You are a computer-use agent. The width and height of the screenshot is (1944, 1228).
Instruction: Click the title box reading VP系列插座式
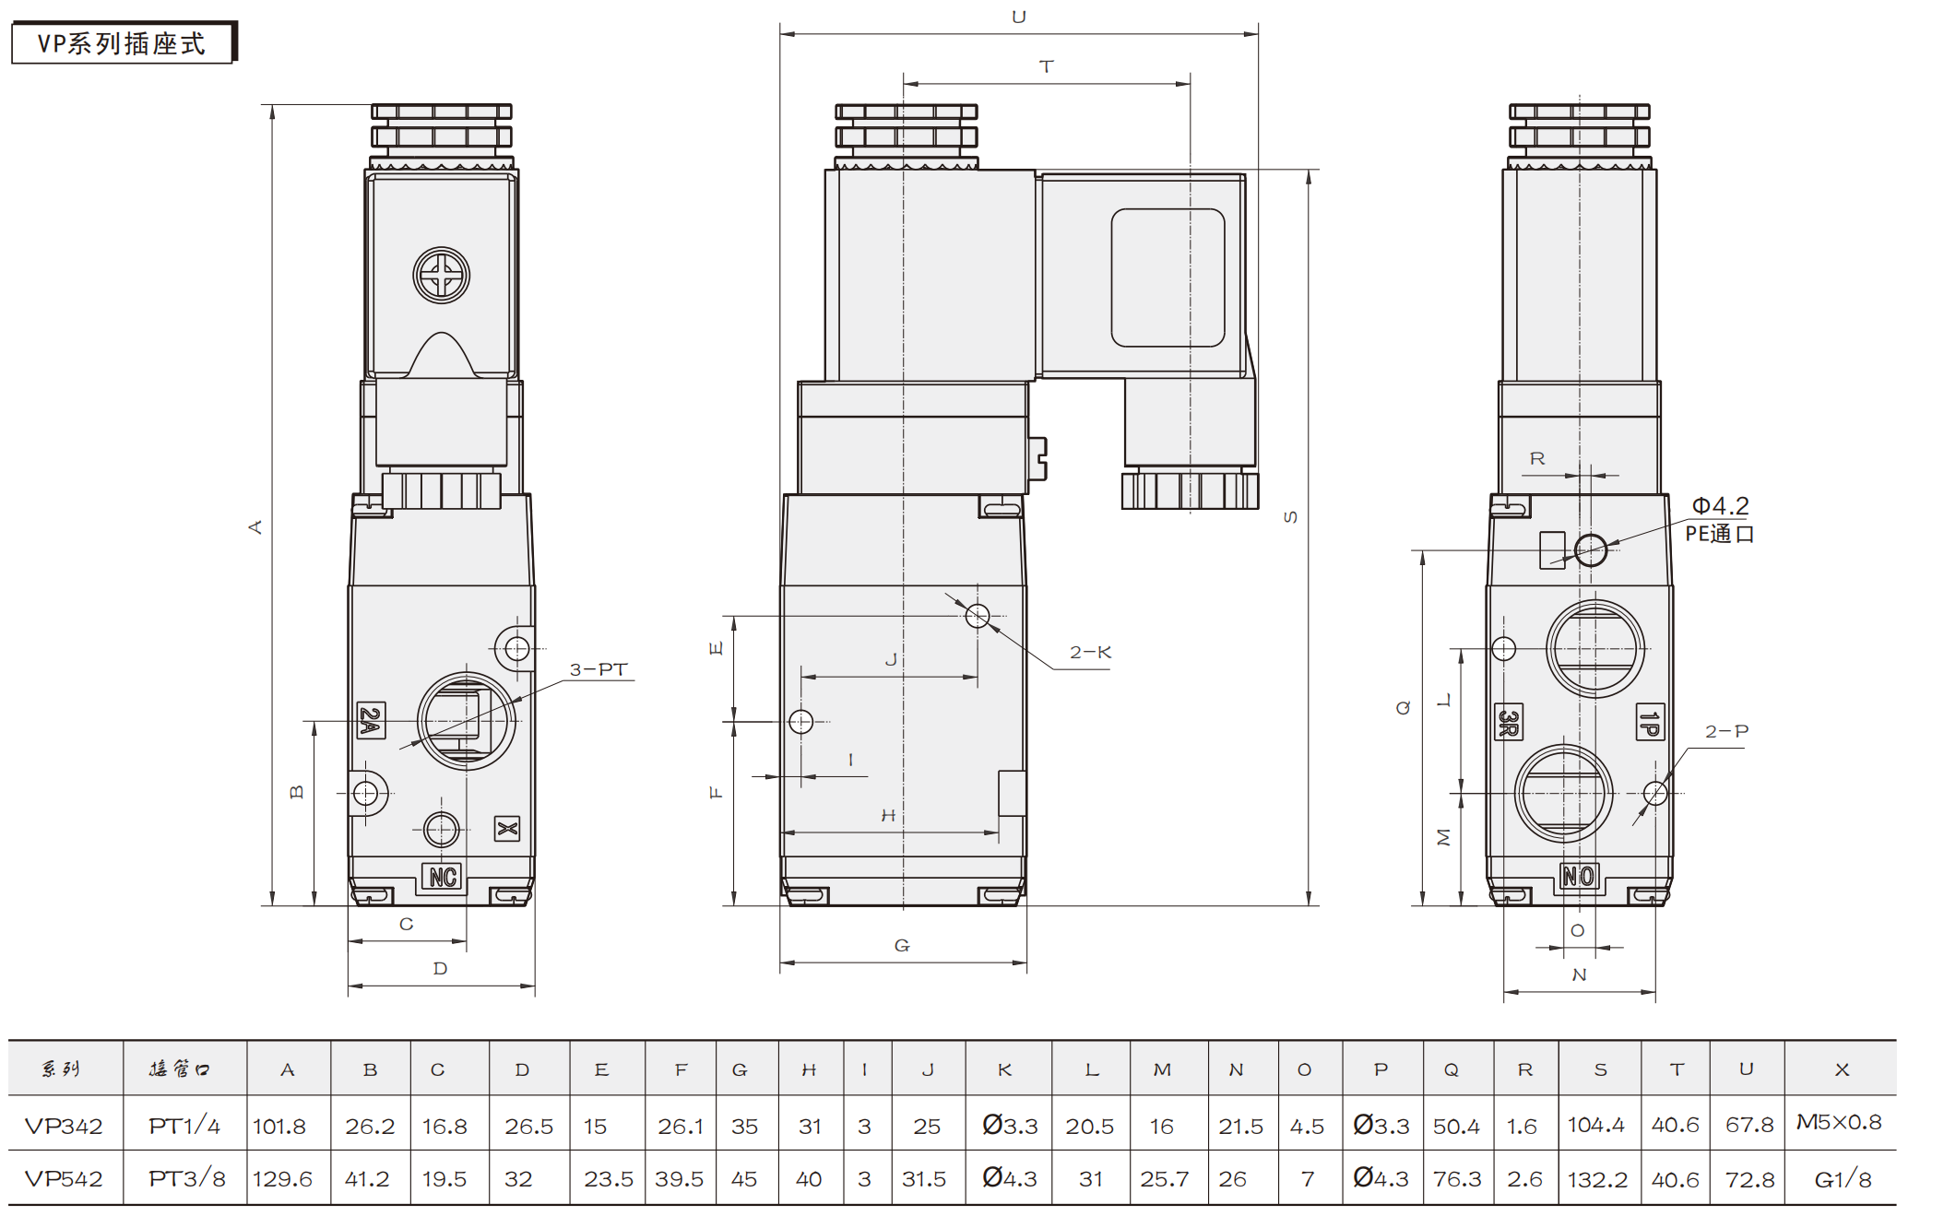[x=122, y=43]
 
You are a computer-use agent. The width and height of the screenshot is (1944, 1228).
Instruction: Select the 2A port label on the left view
[x=371, y=720]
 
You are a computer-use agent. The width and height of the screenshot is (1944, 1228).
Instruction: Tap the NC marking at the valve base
[x=443, y=877]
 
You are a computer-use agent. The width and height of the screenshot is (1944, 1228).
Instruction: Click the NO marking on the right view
[x=1578, y=876]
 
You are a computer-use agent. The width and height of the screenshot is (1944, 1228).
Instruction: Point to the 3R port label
[x=1508, y=722]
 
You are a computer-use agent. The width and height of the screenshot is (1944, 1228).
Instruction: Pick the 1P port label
[x=1650, y=722]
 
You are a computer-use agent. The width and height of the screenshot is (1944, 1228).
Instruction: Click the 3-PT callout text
[x=599, y=670]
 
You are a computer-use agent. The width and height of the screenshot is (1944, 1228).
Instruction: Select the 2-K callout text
[x=1090, y=653]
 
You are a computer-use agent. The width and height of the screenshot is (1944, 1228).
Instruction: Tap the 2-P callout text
[x=1726, y=732]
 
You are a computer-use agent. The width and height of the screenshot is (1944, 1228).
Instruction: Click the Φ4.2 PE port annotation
[x=1720, y=519]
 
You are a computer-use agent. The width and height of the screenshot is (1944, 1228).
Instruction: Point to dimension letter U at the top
[x=1019, y=18]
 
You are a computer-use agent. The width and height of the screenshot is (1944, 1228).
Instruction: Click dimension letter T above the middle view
[x=1046, y=67]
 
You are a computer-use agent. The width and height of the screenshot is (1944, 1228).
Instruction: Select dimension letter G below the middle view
[x=902, y=946]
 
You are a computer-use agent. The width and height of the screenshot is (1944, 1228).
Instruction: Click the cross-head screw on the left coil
[x=441, y=275]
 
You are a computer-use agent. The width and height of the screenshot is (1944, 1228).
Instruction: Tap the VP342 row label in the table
[x=64, y=1126]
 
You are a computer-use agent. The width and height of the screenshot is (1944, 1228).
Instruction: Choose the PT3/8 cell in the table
[x=186, y=1179]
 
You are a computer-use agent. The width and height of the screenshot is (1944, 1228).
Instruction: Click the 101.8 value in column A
[x=279, y=1126]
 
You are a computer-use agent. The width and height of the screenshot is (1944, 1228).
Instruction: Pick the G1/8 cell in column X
[x=1843, y=1179]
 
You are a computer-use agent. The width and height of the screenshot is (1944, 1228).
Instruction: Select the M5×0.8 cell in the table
[x=1839, y=1123]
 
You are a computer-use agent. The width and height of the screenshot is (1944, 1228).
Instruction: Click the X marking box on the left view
[x=506, y=829]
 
